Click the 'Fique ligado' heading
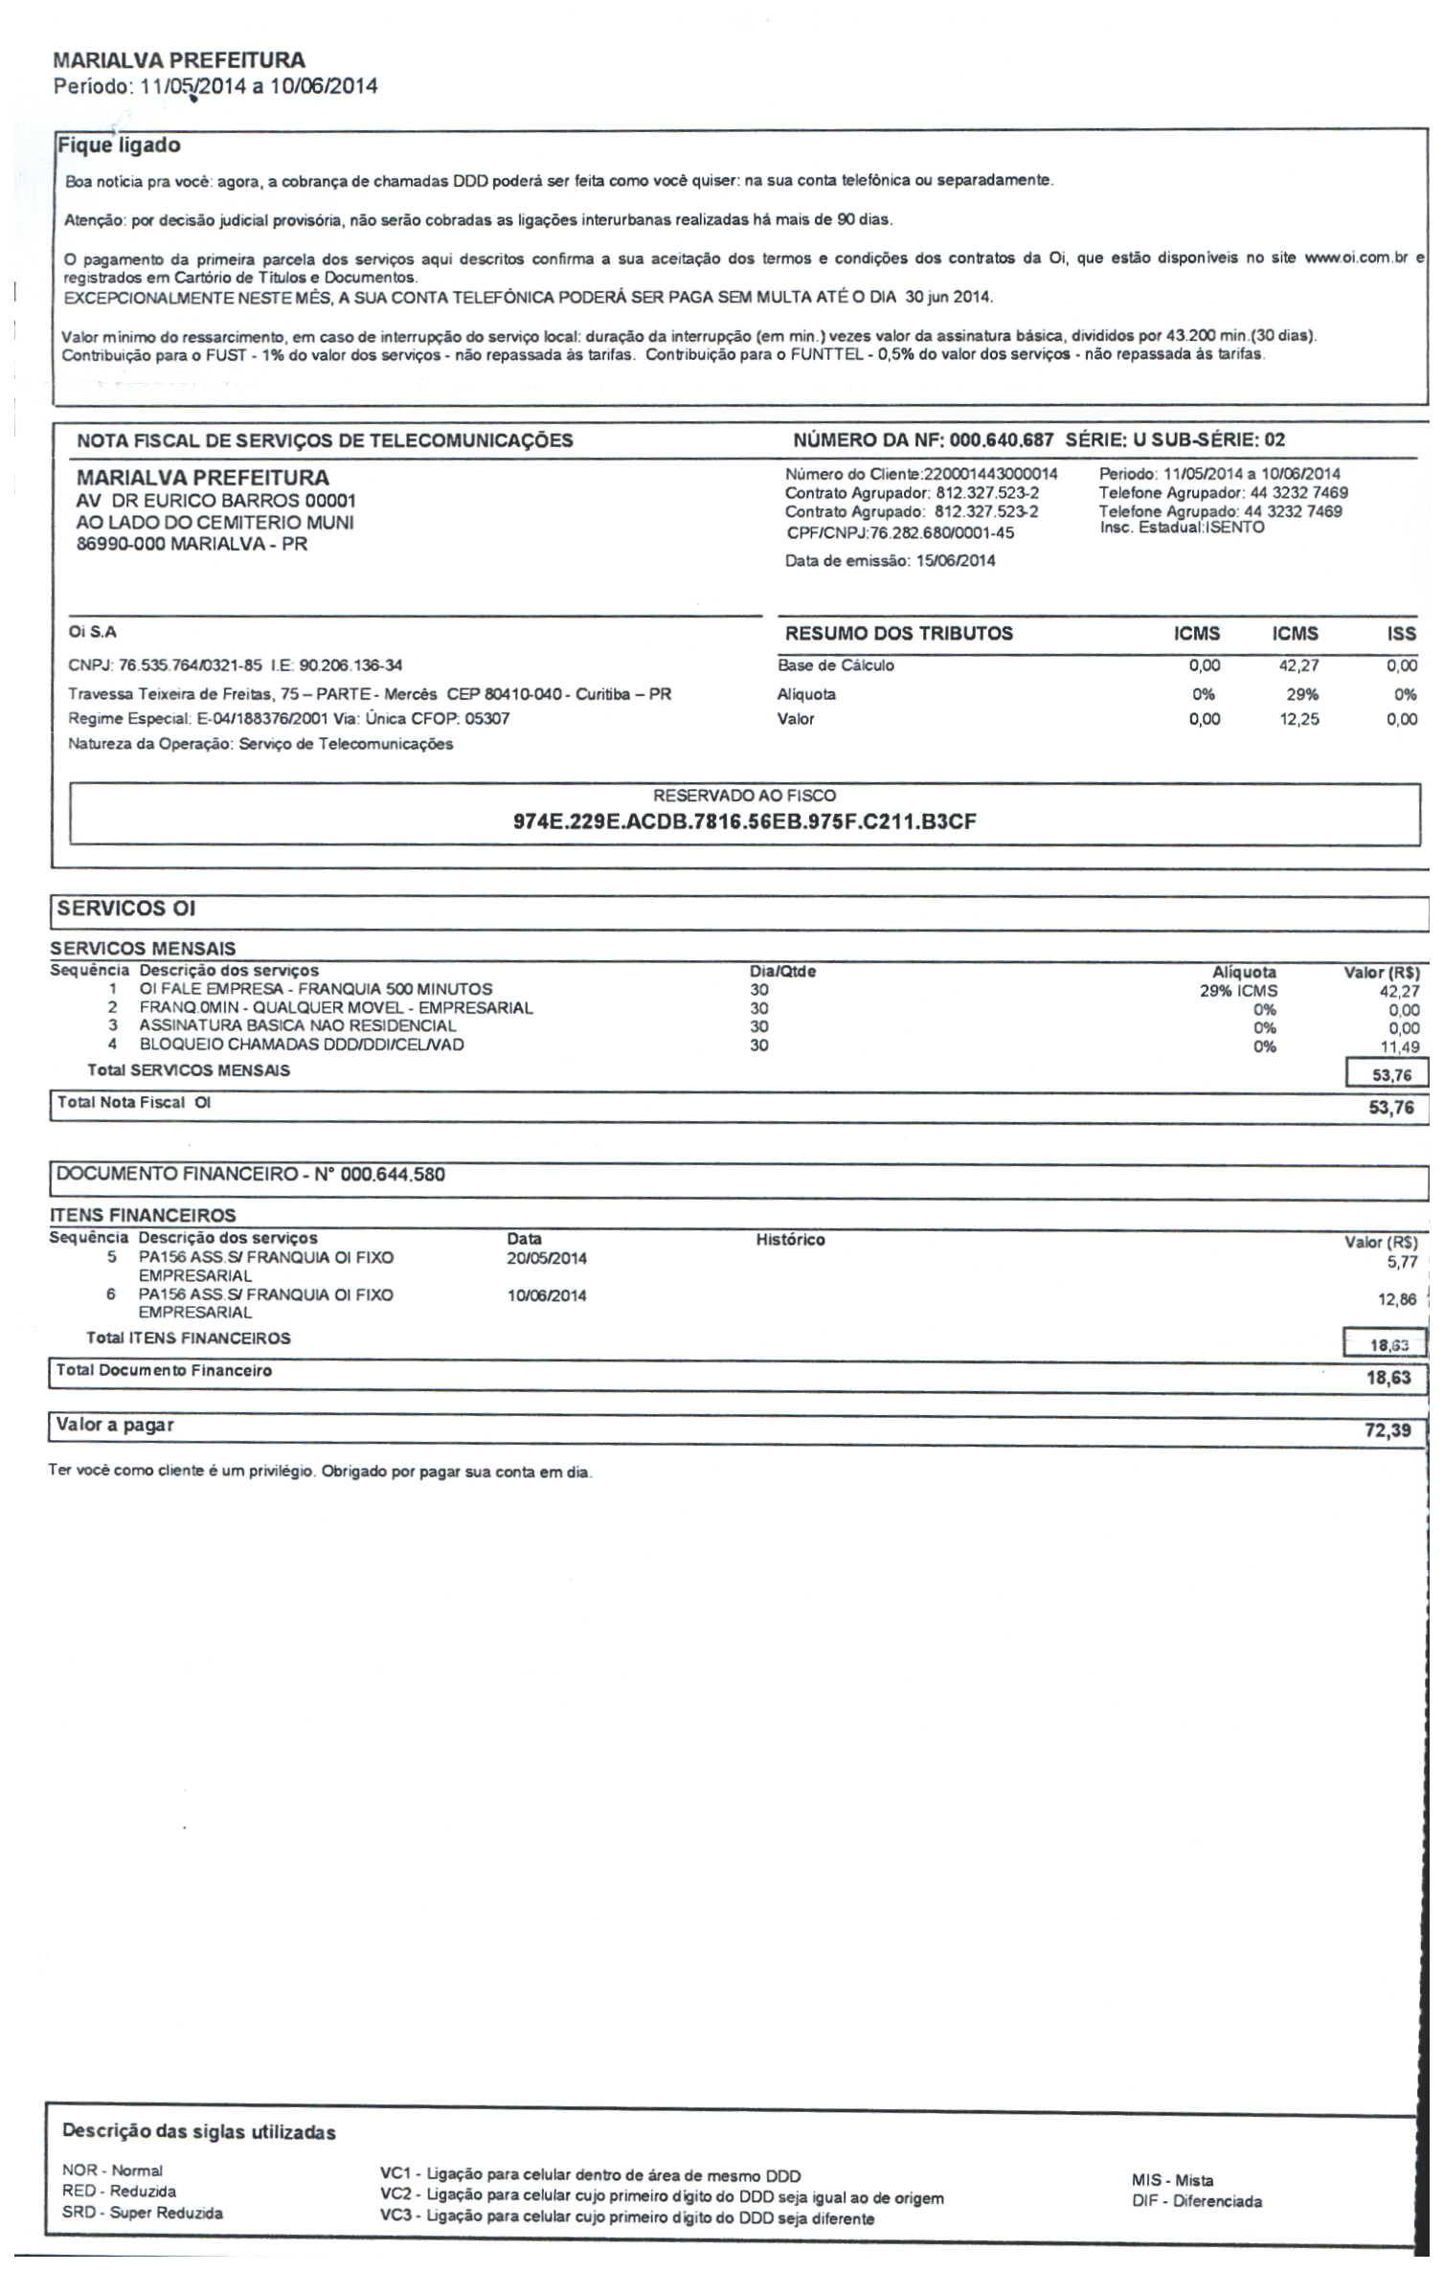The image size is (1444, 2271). (119, 146)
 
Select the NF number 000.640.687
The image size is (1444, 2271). (1001, 440)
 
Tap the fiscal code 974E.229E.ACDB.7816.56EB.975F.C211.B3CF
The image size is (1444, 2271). (744, 821)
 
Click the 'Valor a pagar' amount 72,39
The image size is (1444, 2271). (1388, 1430)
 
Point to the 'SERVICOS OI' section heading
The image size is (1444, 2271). (125, 909)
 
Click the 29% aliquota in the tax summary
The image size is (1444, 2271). (1301, 694)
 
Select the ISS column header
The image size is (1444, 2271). (1401, 634)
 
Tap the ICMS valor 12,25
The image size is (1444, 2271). (1298, 719)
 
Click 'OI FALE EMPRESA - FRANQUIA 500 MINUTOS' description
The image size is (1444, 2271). (316, 989)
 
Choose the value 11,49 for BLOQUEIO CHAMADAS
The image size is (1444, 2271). (1399, 1047)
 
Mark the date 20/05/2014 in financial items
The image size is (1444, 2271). (547, 1258)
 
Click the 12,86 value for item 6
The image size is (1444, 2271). (1397, 1300)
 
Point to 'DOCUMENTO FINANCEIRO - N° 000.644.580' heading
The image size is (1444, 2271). (251, 1175)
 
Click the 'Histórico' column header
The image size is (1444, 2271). (790, 1240)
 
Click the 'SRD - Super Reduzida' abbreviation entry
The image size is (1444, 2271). (143, 2213)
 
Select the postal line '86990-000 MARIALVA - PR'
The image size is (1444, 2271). (192, 545)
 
